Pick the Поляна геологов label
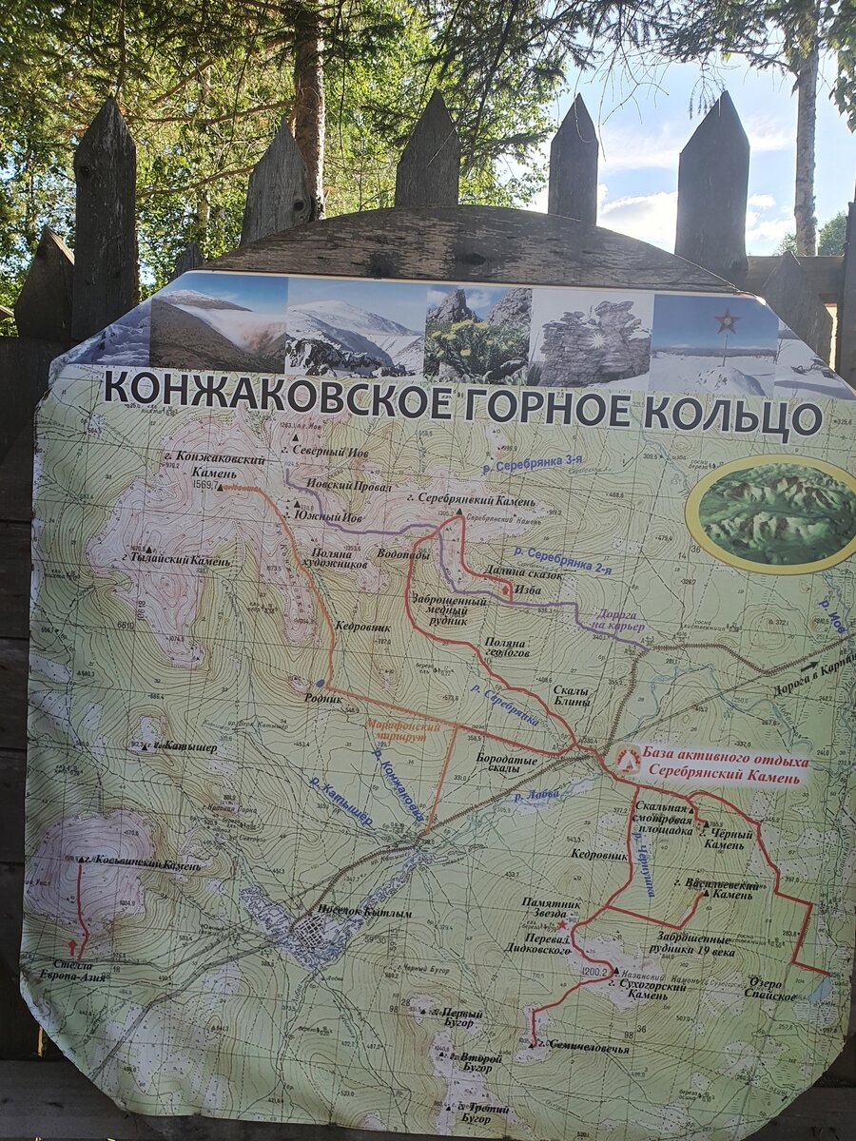pos(504,648)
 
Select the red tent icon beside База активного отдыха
pos(628,758)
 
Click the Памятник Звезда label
pos(551,907)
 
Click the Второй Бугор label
pos(476,1063)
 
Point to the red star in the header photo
pos(728,321)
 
